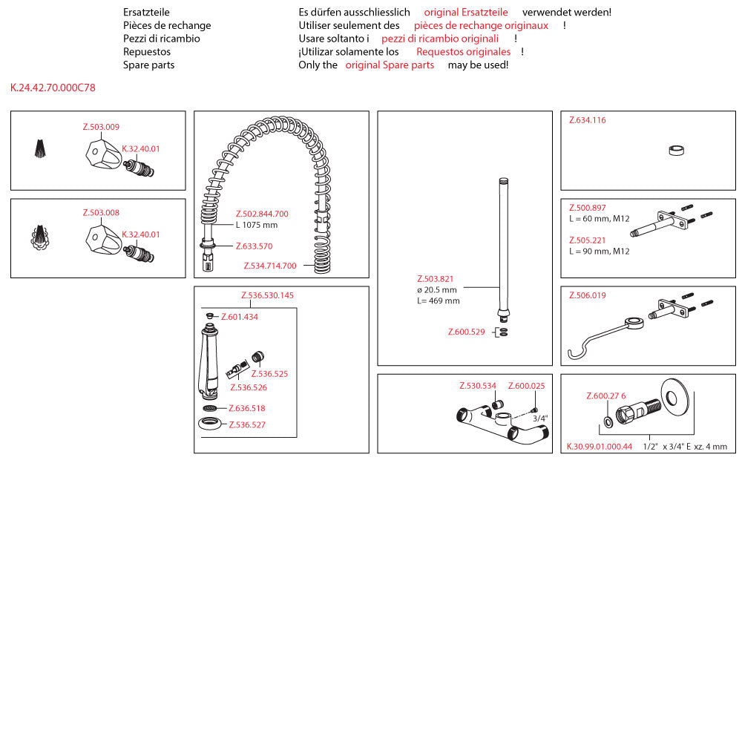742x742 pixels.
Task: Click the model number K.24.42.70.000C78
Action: (53, 88)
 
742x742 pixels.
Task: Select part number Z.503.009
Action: (101, 127)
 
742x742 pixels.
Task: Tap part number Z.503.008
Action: (101, 213)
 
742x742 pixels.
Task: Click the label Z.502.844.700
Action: (262, 214)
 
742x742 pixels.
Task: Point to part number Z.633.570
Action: (254, 246)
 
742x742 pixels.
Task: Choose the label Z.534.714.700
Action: (270, 266)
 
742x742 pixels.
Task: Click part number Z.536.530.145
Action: (267, 295)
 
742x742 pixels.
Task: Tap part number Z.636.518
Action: (246, 408)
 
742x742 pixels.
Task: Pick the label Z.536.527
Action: (246, 424)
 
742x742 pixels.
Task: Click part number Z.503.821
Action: (435, 278)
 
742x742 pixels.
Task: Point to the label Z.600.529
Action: (466, 332)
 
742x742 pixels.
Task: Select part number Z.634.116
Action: (588, 120)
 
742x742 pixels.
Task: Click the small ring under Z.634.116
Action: (676, 151)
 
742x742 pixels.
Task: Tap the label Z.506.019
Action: (588, 295)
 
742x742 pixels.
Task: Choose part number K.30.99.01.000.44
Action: (600, 447)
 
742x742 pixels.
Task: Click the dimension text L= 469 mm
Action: (438, 301)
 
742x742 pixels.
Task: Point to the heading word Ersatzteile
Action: (146, 12)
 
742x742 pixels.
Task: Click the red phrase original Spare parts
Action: (390, 65)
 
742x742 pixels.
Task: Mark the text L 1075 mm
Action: (257, 225)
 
